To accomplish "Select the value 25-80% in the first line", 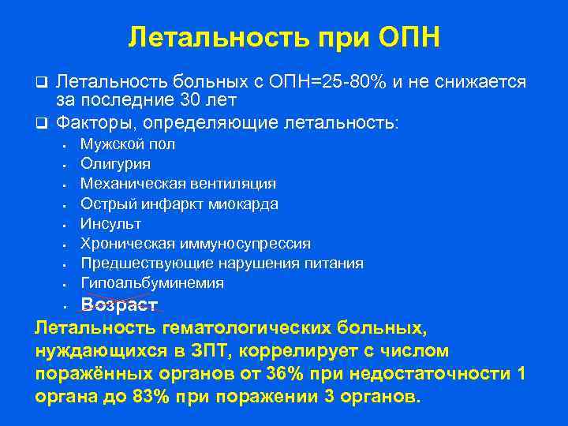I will tap(348, 82).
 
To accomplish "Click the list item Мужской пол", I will tap(128, 144).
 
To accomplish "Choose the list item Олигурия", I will tap(115, 164).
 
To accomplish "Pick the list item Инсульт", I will tap(110, 223).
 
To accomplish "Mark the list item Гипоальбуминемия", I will tap(151, 282).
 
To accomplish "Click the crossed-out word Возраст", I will tap(120, 305).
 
